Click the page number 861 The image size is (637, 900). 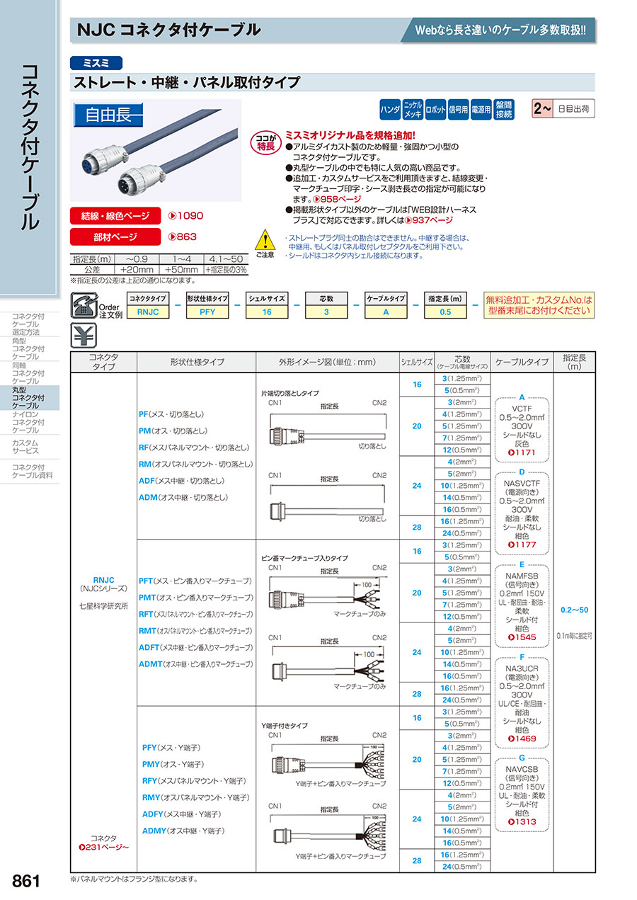click(26, 880)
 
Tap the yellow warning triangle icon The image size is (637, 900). click(263, 239)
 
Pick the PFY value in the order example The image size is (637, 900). click(207, 312)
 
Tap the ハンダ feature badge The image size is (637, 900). click(390, 110)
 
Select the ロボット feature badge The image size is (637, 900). click(436, 110)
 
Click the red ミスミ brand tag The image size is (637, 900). click(96, 62)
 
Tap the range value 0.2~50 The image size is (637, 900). click(574, 610)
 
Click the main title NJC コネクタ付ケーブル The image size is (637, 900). click(168, 30)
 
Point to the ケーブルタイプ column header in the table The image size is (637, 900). click(522, 362)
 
